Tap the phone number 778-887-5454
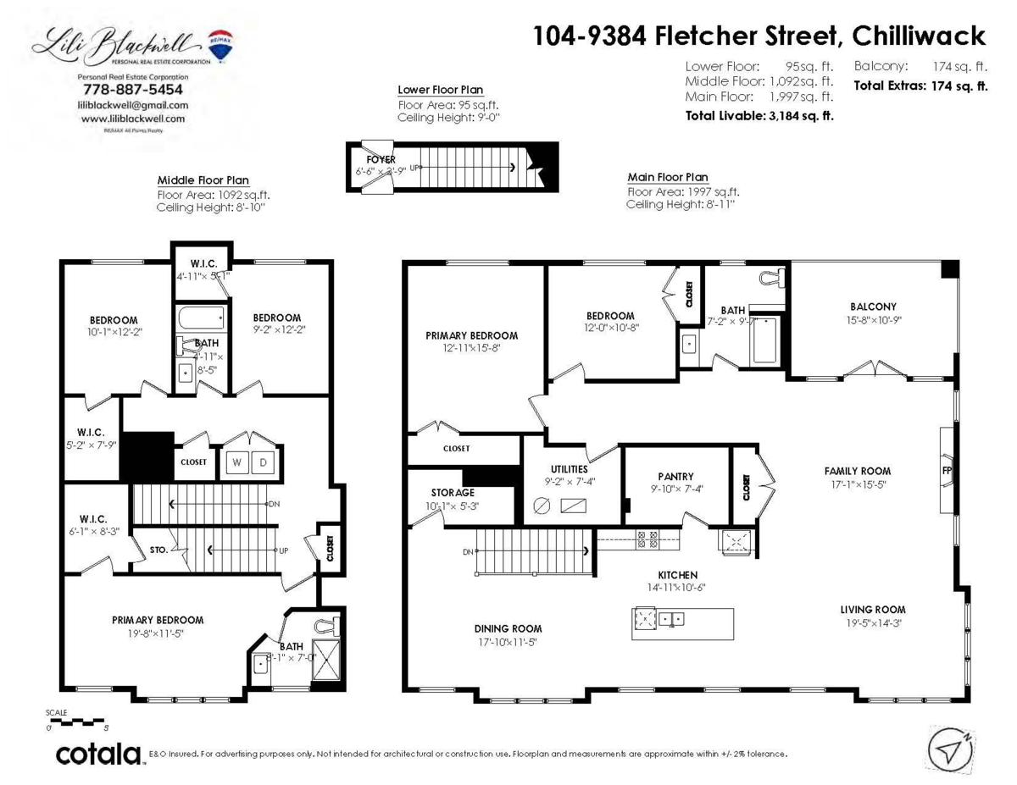(x=131, y=89)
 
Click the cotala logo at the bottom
(x=97, y=753)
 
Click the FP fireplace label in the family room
(x=946, y=469)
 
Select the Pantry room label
(x=675, y=477)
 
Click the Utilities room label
(x=568, y=468)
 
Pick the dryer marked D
(x=263, y=462)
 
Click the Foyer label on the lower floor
(x=381, y=159)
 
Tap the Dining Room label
(x=508, y=628)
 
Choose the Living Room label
(x=872, y=609)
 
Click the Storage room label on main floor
(x=452, y=492)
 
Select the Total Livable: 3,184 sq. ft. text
(x=759, y=115)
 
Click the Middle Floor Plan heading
(x=203, y=180)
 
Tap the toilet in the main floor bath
(x=772, y=278)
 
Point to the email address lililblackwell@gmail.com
(x=133, y=105)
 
